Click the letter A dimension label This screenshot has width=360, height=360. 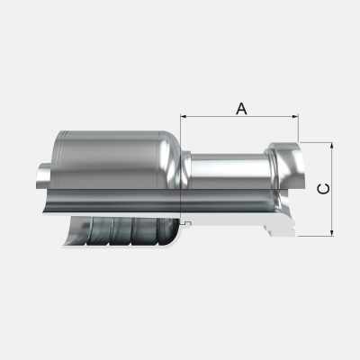tap(241, 109)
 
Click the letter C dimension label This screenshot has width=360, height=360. tap(323, 189)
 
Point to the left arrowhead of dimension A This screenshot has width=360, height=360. tap(184, 116)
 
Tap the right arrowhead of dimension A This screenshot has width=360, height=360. tap(295, 116)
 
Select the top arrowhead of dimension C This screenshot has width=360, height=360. tap(331, 146)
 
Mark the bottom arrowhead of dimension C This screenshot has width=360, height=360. tap(331, 233)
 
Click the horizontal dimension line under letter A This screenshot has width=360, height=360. tap(239, 116)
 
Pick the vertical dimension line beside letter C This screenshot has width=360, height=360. tap(331, 189)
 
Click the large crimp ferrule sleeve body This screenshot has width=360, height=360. tap(114, 160)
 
